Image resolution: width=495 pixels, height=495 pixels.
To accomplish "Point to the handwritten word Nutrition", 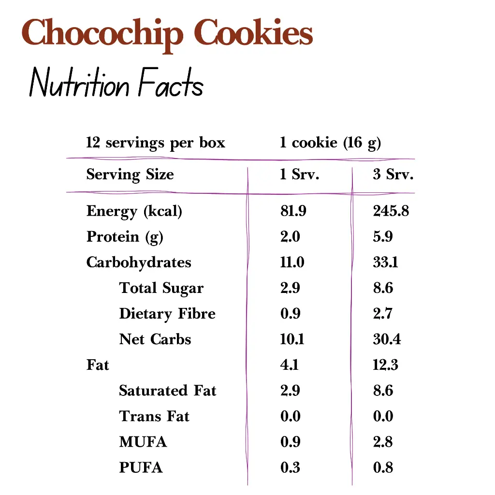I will pyautogui.click(x=79, y=85).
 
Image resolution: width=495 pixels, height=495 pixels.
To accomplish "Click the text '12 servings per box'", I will pyautogui.click(x=155, y=143).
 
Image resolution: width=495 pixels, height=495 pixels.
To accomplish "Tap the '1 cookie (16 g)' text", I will pyautogui.click(x=330, y=143).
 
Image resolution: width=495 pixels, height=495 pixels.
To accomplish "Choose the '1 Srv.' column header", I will pyautogui.click(x=299, y=175).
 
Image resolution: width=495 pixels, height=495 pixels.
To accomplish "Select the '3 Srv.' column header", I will pyautogui.click(x=393, y=175).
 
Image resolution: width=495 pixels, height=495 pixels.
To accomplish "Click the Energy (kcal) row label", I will pyautogui.click(x=134, y=211).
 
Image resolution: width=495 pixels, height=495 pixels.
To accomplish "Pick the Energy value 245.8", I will pyautogui.click(x=391, y=211).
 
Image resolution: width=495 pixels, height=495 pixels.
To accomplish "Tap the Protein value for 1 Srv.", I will pyautogui.click(x=290, y=237).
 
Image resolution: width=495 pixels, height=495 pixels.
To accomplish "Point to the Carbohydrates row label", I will pyautogui.click(x=139, y=262).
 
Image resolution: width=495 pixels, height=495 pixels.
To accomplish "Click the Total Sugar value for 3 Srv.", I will pyautogui.click(x=383, y=288).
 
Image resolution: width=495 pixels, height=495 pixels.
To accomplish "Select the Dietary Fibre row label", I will pyautogui.click(x=167, y=314).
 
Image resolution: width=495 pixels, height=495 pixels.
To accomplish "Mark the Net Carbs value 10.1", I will pyautogui.click(x=292, y=339).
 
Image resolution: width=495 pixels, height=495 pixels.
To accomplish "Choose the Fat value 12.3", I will pyautogui.click(x=385, y=365).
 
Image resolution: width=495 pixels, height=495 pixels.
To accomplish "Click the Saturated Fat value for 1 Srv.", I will pyautogui.click(x=290, y=391).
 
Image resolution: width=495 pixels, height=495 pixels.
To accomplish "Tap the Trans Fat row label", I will pyautogui.click(x=154, y=416).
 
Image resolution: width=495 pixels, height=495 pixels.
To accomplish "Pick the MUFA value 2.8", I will pyautogui.click(x=383, y=442).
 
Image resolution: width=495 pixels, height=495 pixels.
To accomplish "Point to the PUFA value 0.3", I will pyautogui.click(x=290, y=467).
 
